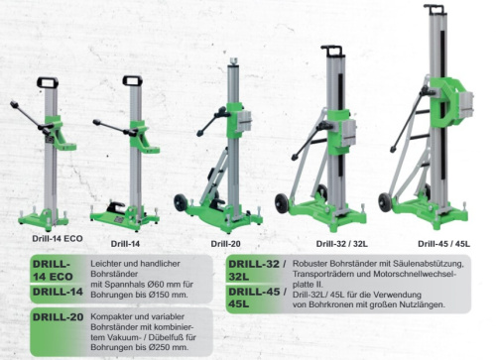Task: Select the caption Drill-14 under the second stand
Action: pyautogui.click(x=126, y=242)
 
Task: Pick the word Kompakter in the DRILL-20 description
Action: pyautogui.click(x=116, y=315)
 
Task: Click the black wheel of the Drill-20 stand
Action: pyautogui.click(x=181, y=203)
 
